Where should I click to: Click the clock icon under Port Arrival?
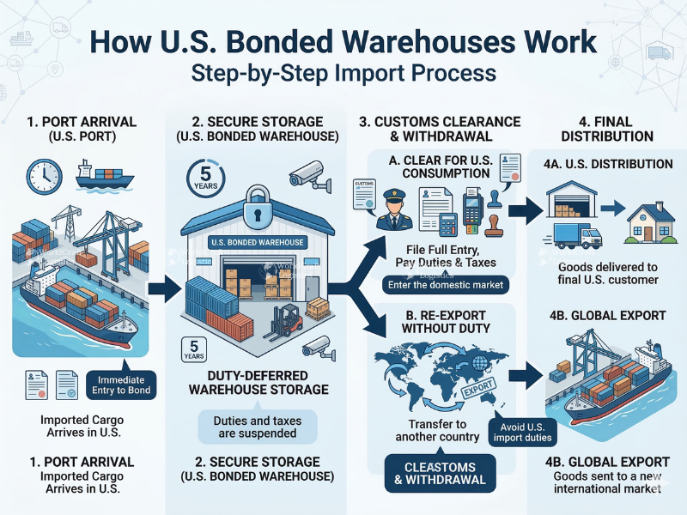[41, 176]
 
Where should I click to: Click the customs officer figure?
[392, 206]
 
